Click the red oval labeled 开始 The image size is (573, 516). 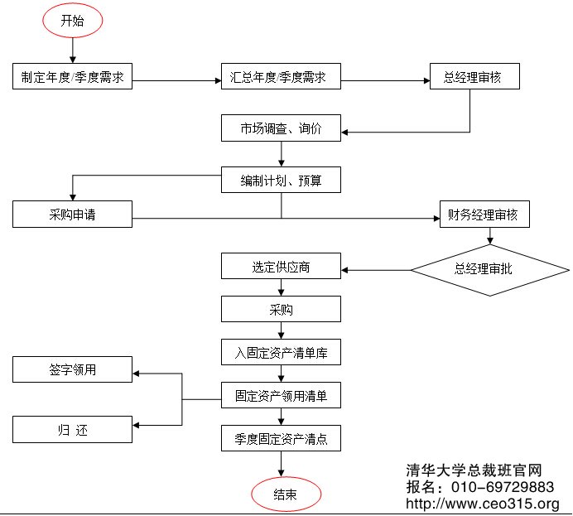pyautogui.click(x=73, y=21)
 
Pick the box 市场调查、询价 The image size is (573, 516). pyautogui.click(x=281, y=128)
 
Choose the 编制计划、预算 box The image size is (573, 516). pyautogui.click(x=281, y=180)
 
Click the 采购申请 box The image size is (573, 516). pyautogui.click(x=73, y=215)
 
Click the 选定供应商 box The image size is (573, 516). pyautogui.click(x=281, y=267)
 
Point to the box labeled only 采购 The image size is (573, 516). pyautogui.click(x=281, y=310)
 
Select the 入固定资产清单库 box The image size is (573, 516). pyautogui.click(x=281, y=353)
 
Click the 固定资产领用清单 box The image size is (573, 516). pyautogui.click(x=281, y=396)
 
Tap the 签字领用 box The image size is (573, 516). pyautogui.click(x=73, y=369)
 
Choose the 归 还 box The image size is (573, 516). pyautogui.click(x=73, y=430)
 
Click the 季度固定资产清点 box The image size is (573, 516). pyautogui.click(x=281, y=439)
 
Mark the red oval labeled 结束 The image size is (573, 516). pyautogui.click(x=286, y=494)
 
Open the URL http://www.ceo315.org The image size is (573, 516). pyautogui.click(x=483, y=504)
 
